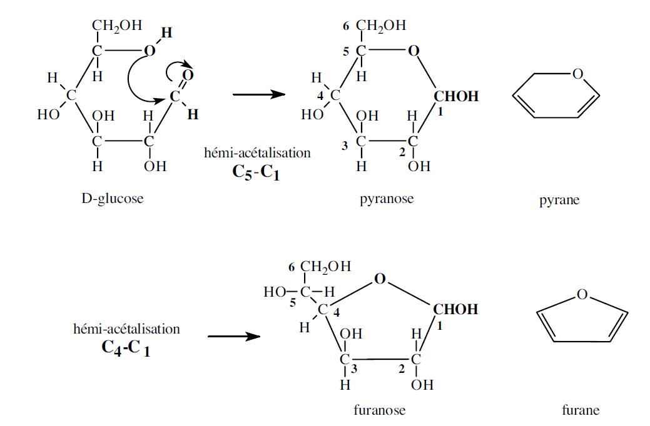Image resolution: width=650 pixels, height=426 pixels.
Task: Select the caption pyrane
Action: pos(559,201)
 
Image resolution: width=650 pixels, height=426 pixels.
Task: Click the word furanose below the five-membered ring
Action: pos(380,410)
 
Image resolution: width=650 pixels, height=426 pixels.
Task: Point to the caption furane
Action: pos(581,410)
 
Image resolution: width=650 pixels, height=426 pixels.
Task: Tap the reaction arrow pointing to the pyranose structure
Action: pos(258,95)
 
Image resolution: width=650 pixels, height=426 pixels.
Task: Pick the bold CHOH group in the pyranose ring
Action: pos(456,97)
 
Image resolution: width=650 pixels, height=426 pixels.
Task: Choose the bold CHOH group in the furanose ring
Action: pos(455,309)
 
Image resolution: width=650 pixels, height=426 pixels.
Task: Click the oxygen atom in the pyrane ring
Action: pos(577,75)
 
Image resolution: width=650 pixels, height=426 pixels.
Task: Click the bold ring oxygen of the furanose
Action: pos(379,279)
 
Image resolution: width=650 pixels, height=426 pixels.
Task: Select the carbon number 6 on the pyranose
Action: pos(346,26)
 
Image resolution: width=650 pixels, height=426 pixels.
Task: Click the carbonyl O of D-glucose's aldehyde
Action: pos(189,76)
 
